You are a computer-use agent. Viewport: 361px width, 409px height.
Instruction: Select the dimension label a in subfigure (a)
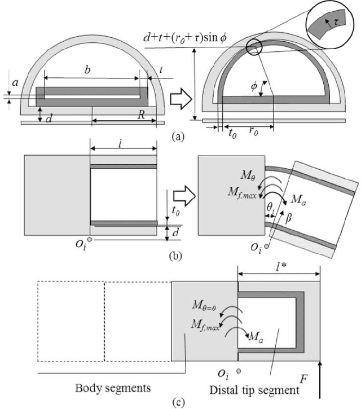15,82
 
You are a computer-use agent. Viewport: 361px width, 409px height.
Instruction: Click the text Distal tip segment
254,389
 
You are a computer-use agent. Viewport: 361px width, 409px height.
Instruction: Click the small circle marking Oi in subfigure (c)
239,371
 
